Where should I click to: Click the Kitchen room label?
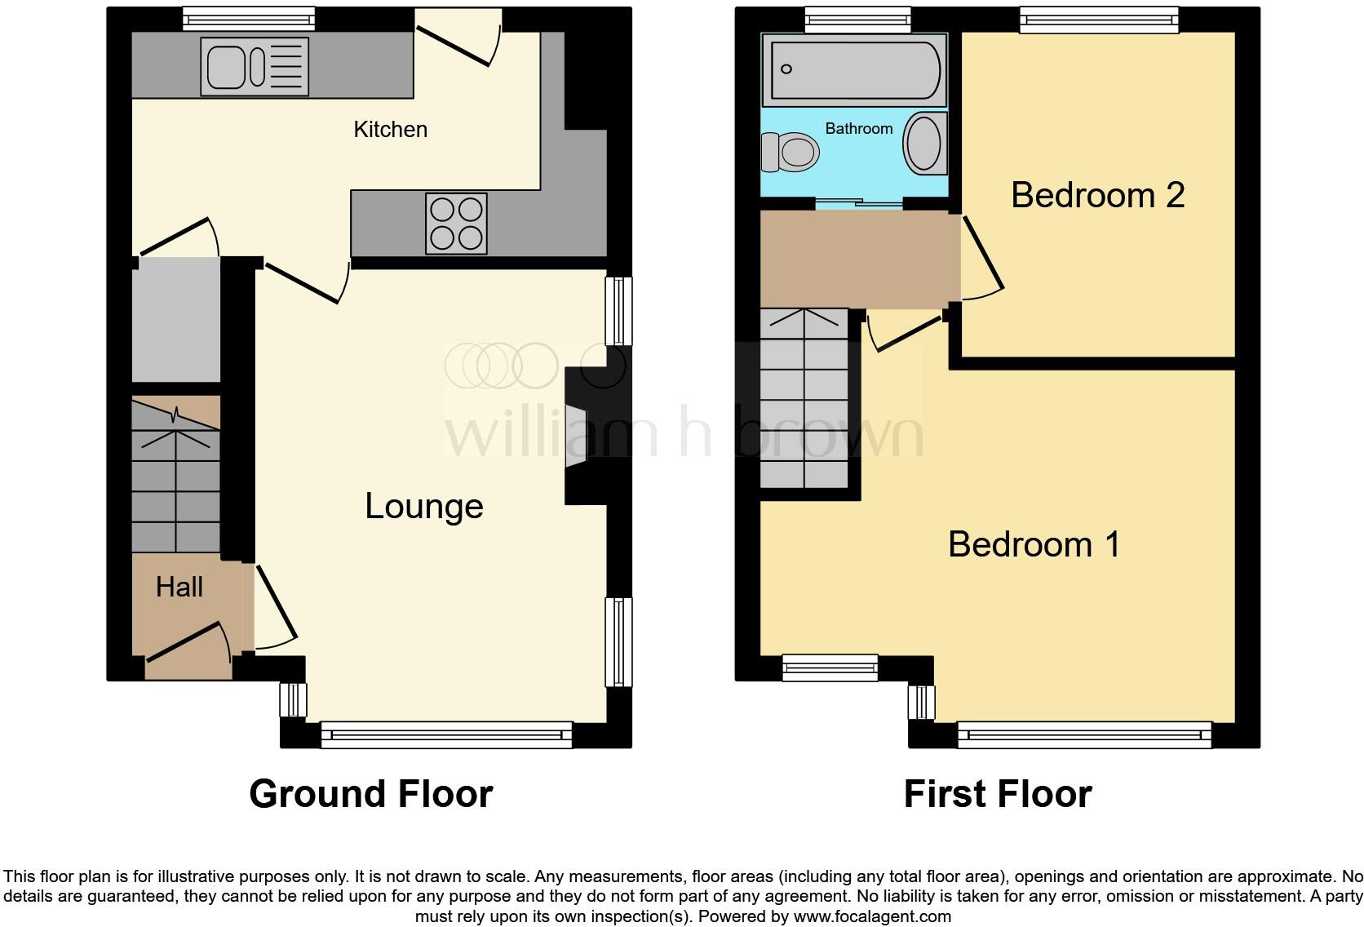390,129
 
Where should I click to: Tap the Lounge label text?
423,506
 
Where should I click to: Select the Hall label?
179,587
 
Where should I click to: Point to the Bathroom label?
858,128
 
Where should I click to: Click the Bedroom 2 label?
1097,195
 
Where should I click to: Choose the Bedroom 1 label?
1034,544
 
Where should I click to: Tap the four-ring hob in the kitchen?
456,223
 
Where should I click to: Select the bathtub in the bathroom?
854,70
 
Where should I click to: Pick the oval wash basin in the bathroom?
924,144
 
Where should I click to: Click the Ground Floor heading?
370,793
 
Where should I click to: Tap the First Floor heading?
997,793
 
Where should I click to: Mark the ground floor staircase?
176,474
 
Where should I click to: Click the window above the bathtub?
857,20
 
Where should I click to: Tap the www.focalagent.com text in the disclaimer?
872,916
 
